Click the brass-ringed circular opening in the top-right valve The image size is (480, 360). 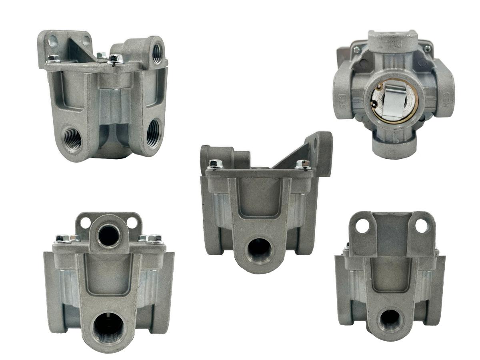pyautogui.click(x=394, y=101)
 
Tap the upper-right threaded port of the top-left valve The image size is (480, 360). pyautogui.click(x=157, y=52)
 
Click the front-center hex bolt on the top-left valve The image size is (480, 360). pyautogui.click(x=115, y=59)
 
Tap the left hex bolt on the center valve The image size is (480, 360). pyautogui.click(x=216, y=164)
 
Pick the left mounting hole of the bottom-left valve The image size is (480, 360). pyautogui.click(x=85, y=222)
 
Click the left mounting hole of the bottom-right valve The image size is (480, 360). pyautogui.click(x=362, y=226)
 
